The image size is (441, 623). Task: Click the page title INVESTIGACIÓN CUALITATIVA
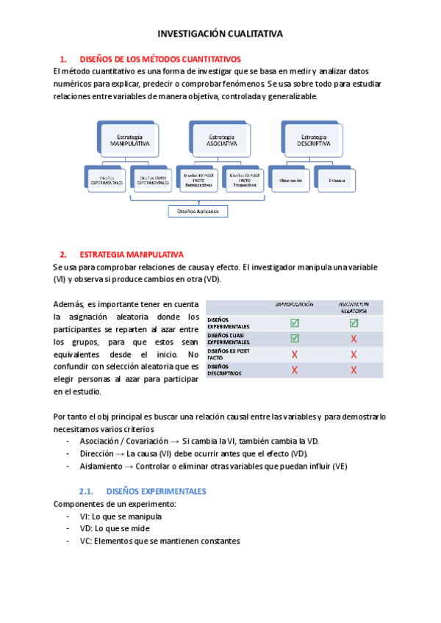point(220,34)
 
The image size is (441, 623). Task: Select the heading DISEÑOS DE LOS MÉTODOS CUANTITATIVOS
point(159,59)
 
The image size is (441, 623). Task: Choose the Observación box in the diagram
point(290,179)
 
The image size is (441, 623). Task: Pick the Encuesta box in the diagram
point(337,179)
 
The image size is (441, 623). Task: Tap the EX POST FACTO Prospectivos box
point(244,179)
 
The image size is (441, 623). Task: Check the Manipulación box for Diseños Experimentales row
point(295,323)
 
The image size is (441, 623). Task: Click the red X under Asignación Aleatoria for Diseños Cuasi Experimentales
point(354,339)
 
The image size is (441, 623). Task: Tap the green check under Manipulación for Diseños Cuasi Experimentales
point(295,339)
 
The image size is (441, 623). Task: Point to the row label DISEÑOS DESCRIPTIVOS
point(227,370)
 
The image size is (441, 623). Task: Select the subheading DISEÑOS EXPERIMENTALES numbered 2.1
point(156,491)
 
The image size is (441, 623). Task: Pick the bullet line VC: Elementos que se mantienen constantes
point(159,541)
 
